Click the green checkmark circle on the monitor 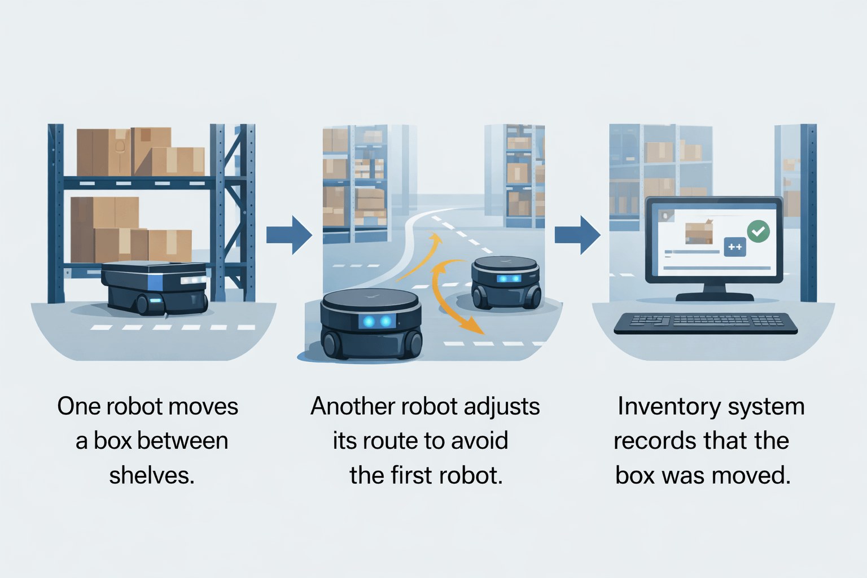758,231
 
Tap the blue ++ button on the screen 735,247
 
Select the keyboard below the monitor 706,323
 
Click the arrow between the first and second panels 289,234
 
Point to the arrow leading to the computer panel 577,234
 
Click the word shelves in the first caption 151,475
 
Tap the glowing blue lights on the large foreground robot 377,322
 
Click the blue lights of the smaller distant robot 508,279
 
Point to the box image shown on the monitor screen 699,232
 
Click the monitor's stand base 714,296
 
